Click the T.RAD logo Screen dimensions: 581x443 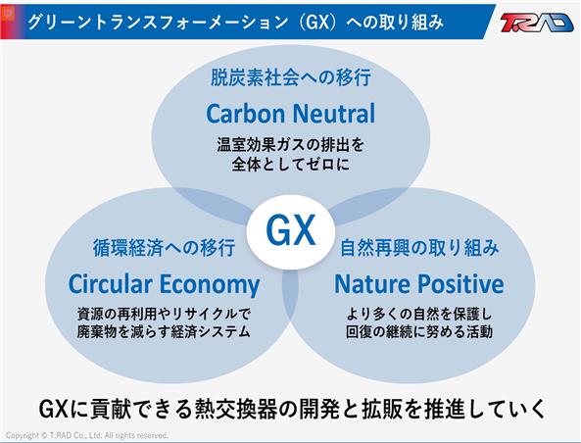(x=537, y=23)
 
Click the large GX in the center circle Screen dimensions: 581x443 (x=291, y=230)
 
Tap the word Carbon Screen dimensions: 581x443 (x=246, y=114)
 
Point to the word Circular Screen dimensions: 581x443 (x=111, y=284)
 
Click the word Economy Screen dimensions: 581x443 (x=210, y=285)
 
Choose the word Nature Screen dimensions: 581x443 (x=372, y=284)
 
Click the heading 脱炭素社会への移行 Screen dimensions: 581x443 (x=291, y=77)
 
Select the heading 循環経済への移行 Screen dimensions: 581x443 (x=164, y=248)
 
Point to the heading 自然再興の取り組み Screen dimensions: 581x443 (x=419, y=248)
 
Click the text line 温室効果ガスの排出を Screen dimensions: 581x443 (x=291, y=145)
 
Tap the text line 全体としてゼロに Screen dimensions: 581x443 (x=291, y=165)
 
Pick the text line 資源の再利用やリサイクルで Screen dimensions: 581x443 (x=164, y=315)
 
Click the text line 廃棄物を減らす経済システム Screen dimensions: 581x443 (x=164, y=332)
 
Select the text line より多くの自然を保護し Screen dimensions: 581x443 (x=419, y=315)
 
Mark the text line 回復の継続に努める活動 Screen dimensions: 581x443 (x=419, y=332)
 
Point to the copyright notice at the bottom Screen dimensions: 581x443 (x=87, y=435)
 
